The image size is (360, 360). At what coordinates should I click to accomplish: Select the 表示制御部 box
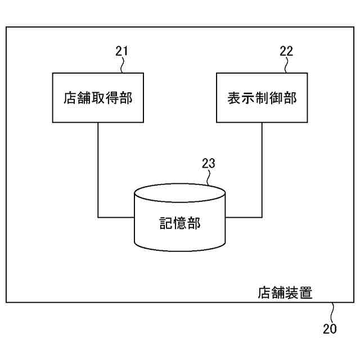(262, 97)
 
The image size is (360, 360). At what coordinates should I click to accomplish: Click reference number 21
(121, 51)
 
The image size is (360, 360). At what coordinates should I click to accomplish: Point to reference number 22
(286, 51)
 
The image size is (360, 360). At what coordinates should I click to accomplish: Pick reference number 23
(208, 164)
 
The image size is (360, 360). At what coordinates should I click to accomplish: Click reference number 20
(330, 329)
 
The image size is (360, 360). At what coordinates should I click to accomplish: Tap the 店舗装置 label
(285, 293)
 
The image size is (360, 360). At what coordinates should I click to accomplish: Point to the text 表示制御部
(262, 98)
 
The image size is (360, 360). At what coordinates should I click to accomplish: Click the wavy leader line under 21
(123, 65)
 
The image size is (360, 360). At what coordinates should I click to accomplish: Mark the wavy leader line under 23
(208, 178)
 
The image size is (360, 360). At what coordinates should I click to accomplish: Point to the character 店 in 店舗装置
(264, 293)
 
